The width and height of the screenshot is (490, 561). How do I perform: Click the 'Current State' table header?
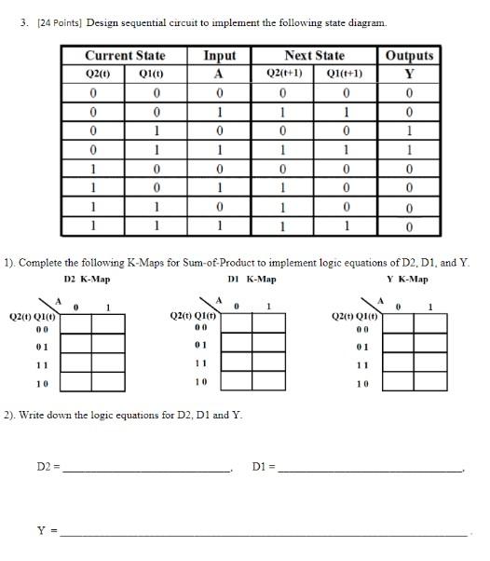(x=125, y=56)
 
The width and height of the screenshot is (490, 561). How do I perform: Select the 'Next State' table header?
(x=314, y=56)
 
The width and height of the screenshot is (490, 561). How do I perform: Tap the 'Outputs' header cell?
(x=409, y=56)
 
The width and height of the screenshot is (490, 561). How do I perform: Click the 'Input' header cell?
(x=220, y=56)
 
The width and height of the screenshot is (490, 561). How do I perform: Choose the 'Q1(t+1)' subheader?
(x=344, y=74)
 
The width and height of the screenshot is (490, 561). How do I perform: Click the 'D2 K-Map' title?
(x=87, y=280)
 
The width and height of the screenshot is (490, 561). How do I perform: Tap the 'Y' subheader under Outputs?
(x=409, y=74)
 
